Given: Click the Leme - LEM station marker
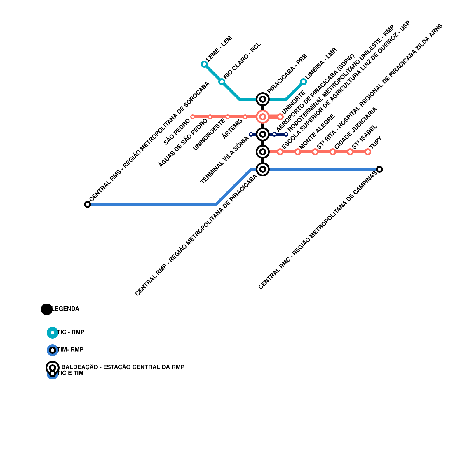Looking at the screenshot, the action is point(204,64).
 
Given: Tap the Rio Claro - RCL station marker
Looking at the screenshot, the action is point(222,82).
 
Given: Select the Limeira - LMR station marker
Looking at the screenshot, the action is point(304,82).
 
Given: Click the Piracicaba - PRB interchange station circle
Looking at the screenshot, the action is point(263,99).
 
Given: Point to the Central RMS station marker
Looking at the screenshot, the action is point(88,204).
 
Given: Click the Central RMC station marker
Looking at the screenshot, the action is point(379,169).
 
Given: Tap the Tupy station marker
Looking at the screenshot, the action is point(368,152).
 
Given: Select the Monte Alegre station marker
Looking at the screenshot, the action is point(298,152).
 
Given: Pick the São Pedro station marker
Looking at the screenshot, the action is point(193,117).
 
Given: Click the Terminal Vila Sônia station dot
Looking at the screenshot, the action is point(251,134).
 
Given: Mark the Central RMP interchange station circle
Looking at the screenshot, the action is point(263,169).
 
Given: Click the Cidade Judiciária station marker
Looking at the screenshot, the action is point(333,152).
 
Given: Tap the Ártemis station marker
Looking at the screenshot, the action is point(245,117).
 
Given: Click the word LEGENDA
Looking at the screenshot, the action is point(65,309).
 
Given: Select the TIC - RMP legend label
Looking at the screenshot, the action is point(71,332).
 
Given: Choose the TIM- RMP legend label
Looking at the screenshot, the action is point(70,350).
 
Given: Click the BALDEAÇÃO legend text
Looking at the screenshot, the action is point(123,367).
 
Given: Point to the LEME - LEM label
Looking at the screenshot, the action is point(219,48).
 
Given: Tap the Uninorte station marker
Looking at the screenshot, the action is point(280,117).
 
